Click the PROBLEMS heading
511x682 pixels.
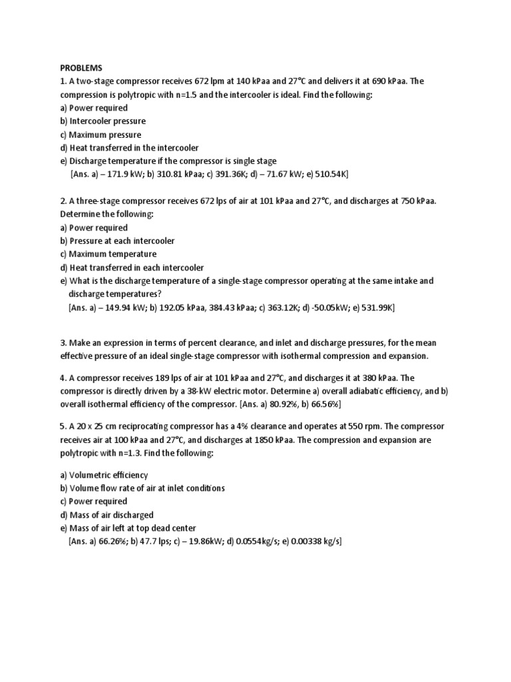[81, 68]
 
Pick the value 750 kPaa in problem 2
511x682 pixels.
[411, 201]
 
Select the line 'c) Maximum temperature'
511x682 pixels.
[108, 254]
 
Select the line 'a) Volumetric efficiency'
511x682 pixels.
[104, 475]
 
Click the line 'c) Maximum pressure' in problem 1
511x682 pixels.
[100, 135]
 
